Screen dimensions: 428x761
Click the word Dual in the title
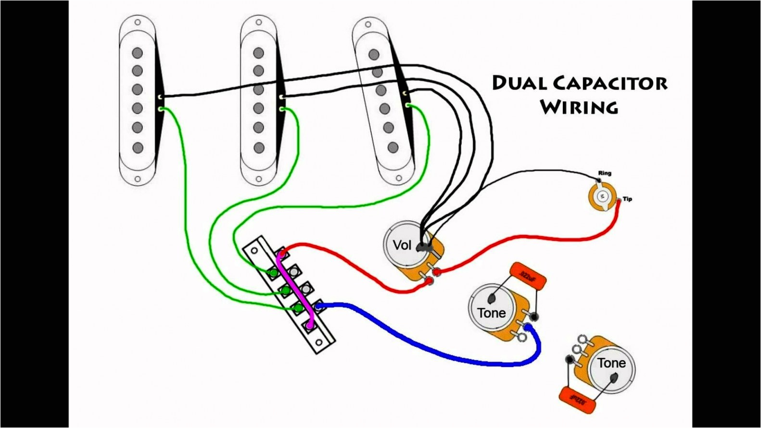point(519,83)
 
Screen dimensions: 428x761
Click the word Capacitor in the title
point(610,83)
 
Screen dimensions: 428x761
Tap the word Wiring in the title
point(579,106)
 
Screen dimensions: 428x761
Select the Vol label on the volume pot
point(402,245)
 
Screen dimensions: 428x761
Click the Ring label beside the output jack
point(605,173)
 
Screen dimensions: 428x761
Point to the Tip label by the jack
point(627,199)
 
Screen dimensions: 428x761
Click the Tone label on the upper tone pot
point(491,313)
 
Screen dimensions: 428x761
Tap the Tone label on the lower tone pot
point(611,363)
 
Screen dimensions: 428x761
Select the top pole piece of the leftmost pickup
point(138,52)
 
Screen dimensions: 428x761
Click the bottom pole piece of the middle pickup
point(259,148)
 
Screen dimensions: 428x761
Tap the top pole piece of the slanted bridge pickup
point(373,54)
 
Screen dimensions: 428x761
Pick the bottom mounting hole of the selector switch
point(318,342)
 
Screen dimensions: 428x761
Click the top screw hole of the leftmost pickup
point(138,22)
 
